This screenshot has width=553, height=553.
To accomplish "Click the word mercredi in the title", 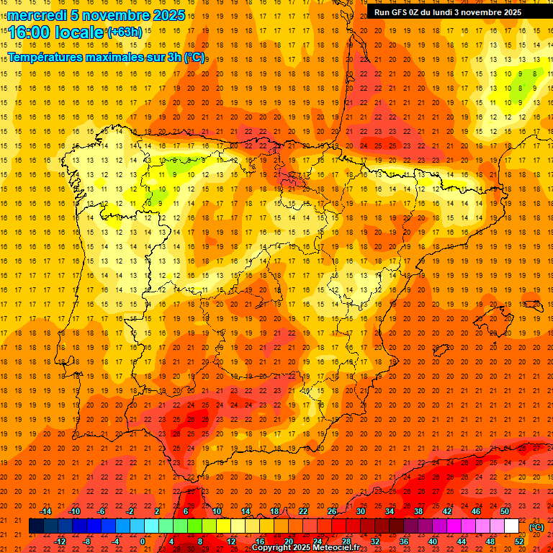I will [38, 15].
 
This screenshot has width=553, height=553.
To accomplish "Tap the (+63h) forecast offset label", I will [125, 32].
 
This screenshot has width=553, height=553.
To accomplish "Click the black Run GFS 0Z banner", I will [453, 12].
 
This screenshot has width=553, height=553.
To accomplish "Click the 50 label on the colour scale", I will [505, 511].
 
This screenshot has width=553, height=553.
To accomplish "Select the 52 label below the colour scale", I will [519, 541].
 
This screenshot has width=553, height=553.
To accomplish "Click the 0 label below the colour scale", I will [143, 541].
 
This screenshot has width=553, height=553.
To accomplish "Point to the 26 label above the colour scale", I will [332, 511].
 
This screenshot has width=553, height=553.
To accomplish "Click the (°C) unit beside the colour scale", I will [536, 527].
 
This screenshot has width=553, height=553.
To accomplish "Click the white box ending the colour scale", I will [511, 526].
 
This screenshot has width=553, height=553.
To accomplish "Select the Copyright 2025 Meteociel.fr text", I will [305, 548].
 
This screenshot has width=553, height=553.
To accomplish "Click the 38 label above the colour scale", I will [418, 511].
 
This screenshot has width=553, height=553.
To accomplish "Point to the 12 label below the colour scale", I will [231, 541].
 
